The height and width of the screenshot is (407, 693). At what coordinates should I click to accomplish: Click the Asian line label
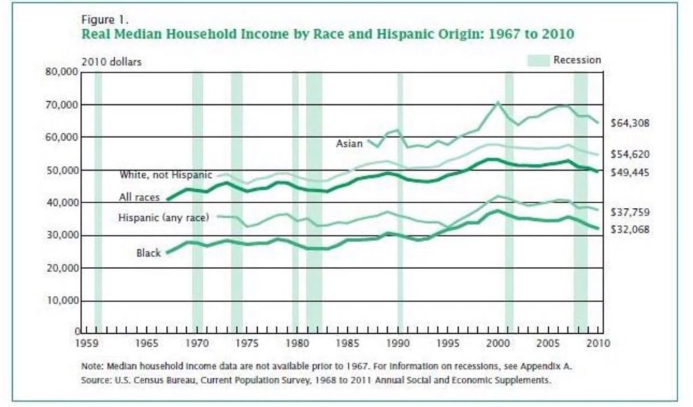[349, 144]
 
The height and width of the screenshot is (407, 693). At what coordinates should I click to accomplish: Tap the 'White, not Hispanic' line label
[166, 175]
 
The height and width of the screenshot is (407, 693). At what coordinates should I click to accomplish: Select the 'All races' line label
[139, 198]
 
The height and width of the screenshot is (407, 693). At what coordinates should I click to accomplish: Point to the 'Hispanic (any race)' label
[163, 217]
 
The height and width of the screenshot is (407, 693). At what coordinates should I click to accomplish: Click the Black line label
[149, 253]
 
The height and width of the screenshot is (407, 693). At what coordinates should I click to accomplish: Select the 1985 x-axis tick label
[348, 343]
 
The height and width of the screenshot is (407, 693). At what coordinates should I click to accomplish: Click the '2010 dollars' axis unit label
[112, 62]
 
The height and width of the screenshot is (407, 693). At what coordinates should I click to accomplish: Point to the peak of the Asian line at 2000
[498, 102]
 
